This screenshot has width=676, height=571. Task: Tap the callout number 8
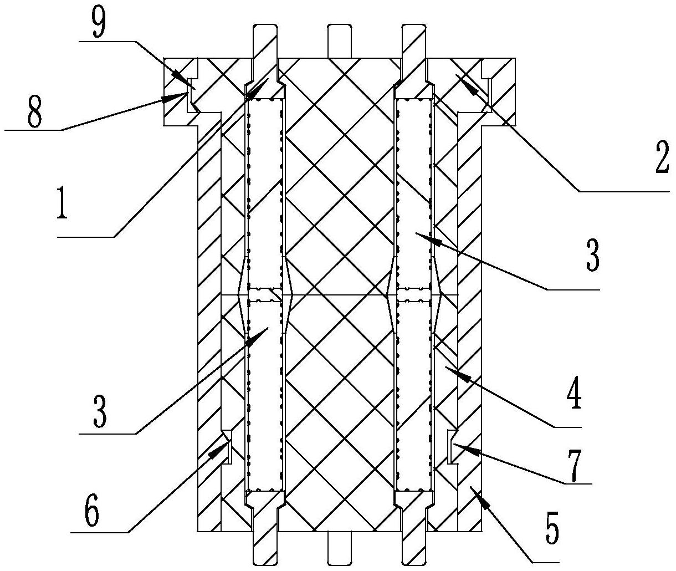click(35, 112)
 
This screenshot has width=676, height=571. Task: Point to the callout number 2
click(662, 157)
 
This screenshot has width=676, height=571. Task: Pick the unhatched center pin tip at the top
click(339, 41)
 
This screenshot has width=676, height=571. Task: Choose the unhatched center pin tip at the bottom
click(339, 548)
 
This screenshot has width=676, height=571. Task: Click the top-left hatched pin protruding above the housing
click(265, 41)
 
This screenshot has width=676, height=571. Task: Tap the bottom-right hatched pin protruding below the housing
click(414, 548)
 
